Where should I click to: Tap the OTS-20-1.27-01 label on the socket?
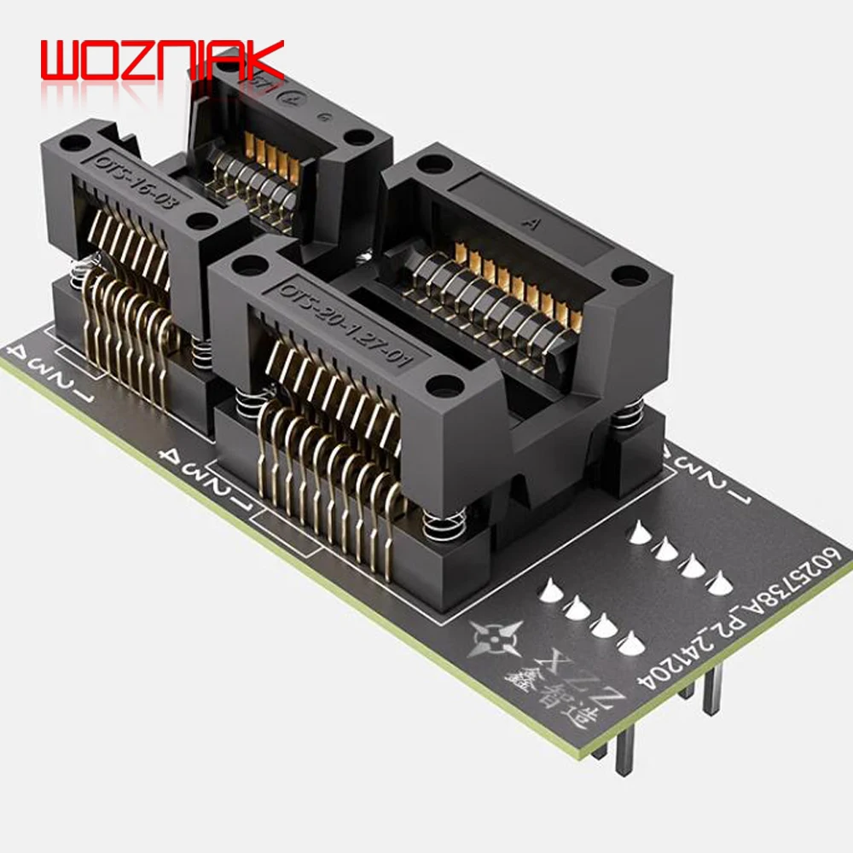(345, 323)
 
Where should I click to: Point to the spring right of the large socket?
(629, 417)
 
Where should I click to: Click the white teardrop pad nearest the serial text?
(718, 583)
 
